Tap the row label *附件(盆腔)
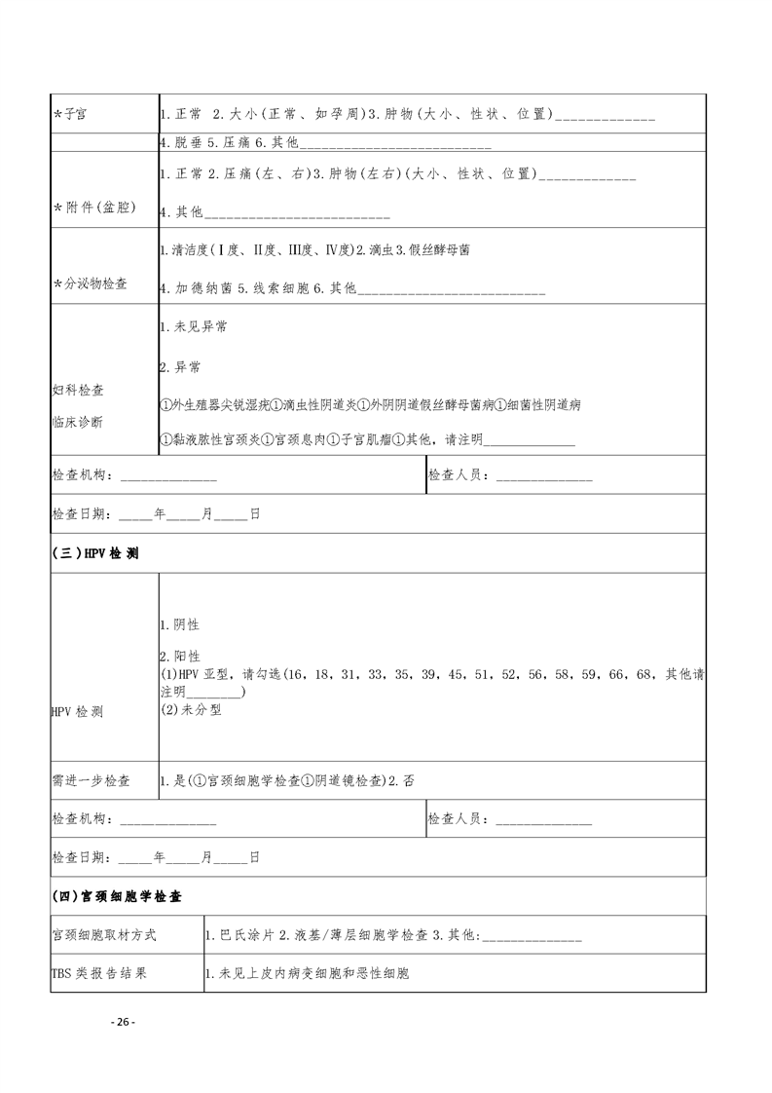click(x=94, y=208)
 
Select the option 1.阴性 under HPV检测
click(x=179, y=624)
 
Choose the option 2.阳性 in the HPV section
click(x=179, y=657)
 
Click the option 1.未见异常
click(x=193, y=328)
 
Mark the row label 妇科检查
click(x=78, y=390)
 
